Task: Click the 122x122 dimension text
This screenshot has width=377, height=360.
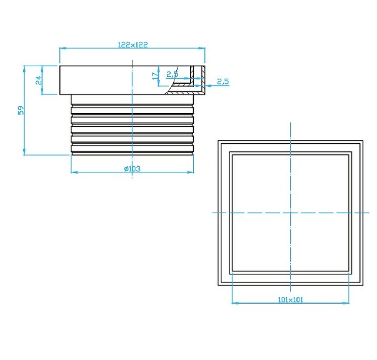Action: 133,44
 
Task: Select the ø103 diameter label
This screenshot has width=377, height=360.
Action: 132,169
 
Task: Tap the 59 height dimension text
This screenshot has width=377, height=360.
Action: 20,110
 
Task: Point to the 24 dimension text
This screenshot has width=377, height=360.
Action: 38,80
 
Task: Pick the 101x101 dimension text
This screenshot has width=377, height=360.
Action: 290,299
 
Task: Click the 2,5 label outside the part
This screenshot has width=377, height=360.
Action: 223,82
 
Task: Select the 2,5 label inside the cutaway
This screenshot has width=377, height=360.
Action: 172,74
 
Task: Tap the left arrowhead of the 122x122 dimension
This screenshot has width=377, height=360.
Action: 62,49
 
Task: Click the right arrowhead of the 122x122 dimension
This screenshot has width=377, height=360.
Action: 204,49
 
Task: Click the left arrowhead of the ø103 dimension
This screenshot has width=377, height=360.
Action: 74,172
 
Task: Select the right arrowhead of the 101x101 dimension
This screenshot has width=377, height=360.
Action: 347,303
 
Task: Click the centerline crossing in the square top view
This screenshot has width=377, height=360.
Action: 291,212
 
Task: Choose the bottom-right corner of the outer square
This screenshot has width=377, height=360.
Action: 363,285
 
